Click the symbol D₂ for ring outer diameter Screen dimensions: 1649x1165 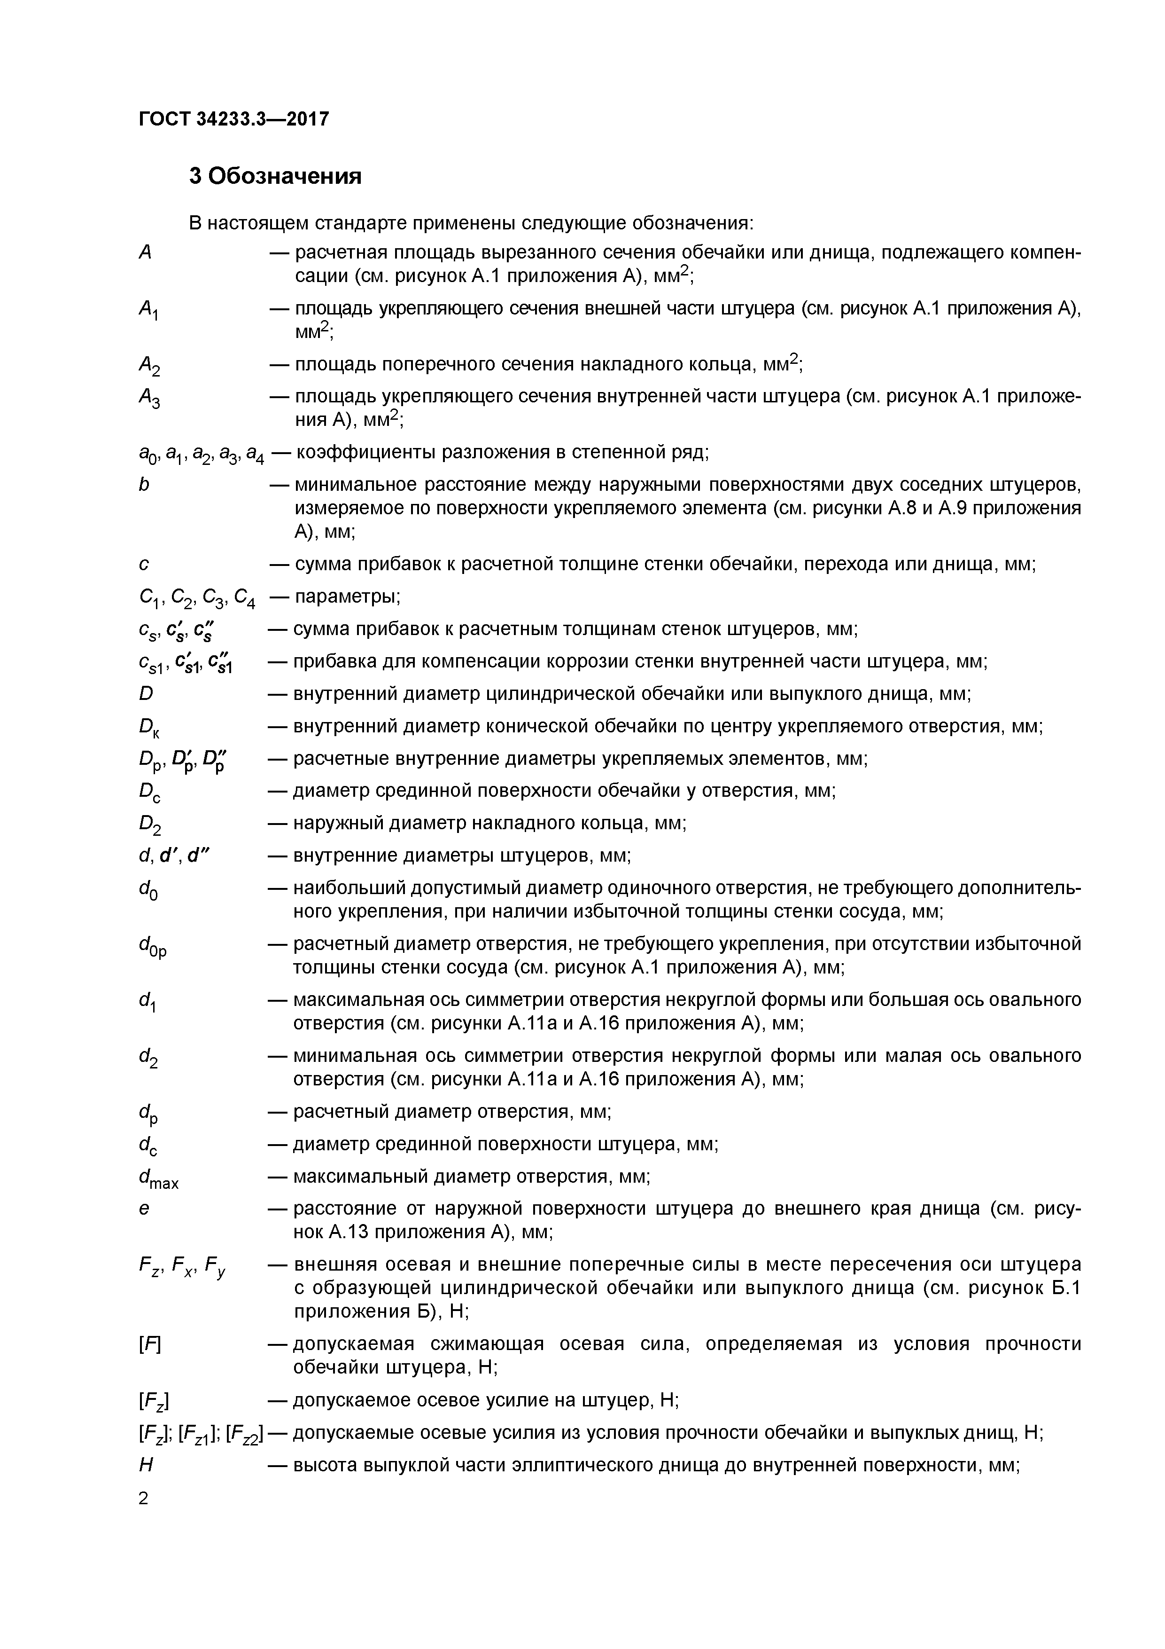149,826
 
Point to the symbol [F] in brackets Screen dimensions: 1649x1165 149,1344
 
